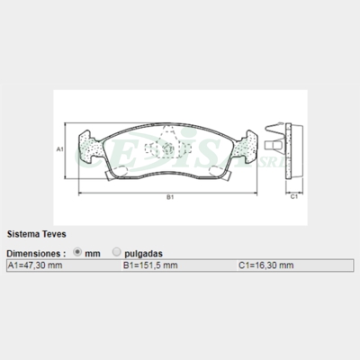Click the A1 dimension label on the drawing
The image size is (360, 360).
point(60,149)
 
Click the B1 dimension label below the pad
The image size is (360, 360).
point(170,197)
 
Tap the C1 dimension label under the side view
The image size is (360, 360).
point(294,197)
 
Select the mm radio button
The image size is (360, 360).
point(77,252)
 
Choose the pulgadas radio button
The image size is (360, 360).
point(116,252)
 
